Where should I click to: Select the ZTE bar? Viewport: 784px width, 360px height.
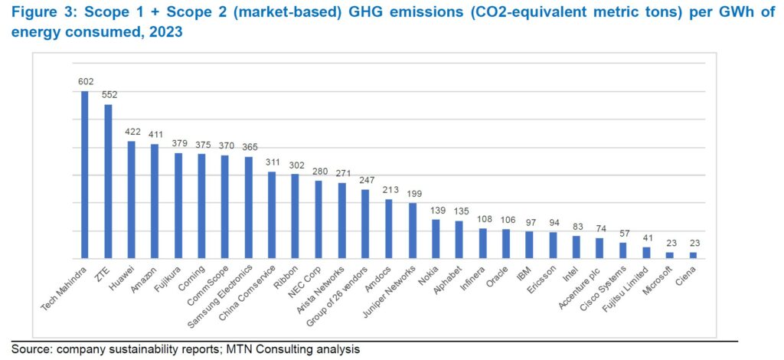pyautogui.click(x=108, y=182)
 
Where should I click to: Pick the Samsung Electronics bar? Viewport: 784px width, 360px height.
pyautogui.click(x=248, y=208)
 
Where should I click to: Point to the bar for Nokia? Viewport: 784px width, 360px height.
pyautogui.click(x=436, y=239)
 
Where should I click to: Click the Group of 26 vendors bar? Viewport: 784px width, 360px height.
pyautogui.click(x=365, y=224)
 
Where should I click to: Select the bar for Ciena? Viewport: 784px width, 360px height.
pyautogui.click(x=693, y=255)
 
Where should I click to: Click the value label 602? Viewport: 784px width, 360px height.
pyautogui.click(x=85, y=81)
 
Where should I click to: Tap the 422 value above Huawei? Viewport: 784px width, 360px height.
pyautogui.click(x=132, y=132)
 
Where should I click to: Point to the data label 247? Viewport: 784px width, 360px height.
pyautogui.click(x=365, y=180)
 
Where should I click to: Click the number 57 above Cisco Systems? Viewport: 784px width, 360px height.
pyautogui.click(x=623, y=233)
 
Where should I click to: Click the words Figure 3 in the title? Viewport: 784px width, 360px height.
pyautogui.click(x=39, y=15)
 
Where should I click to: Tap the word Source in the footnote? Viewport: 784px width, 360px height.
pyautogui.click(x=30, y=350)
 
